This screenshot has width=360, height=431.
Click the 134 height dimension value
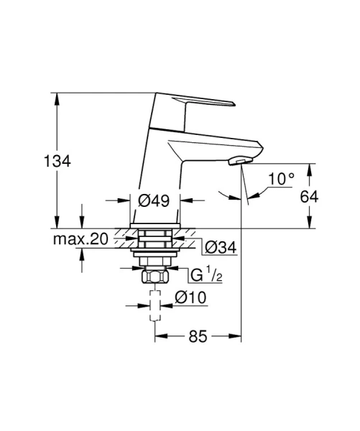[57, 161]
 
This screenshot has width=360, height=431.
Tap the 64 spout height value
[309, 197]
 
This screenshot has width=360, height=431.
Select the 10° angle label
[281, 179]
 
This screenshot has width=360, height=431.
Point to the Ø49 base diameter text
[154, 200]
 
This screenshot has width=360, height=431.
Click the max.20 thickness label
[80, 239]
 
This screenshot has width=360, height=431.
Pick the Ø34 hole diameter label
[221, 247]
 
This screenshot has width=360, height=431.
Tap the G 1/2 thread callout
[206, 275]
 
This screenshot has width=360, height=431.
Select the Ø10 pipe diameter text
[190, 297]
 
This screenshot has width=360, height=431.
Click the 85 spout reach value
[198, 336]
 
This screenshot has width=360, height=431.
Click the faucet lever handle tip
[234, 103]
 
